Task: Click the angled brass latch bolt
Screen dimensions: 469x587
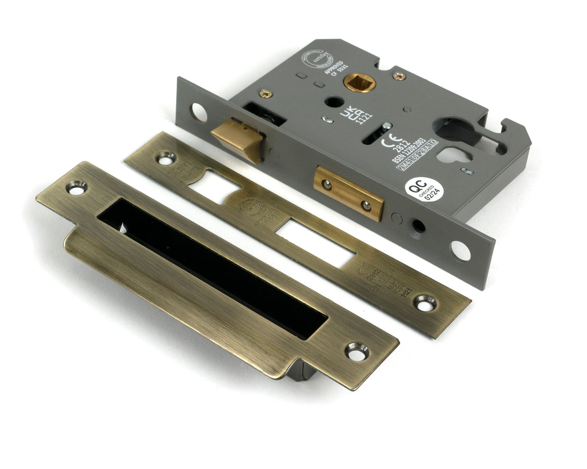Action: pos(238,138)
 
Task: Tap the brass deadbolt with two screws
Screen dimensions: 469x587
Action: pos(349,193)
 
